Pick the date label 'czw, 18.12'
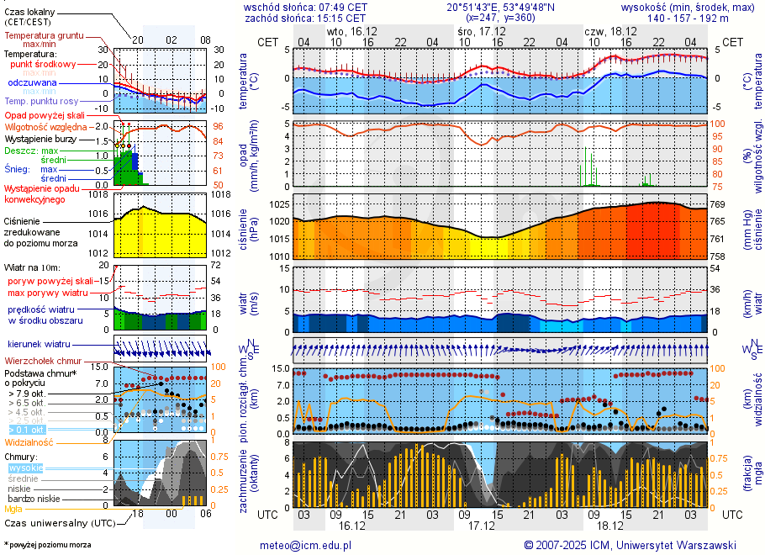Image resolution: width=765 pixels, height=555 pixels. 610,31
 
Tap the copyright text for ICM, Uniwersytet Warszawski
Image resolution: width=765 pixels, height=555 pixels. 630,545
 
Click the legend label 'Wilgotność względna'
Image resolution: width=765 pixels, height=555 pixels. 47,127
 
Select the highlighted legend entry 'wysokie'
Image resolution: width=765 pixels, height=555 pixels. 26,468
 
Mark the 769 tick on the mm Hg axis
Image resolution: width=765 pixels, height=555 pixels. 720,204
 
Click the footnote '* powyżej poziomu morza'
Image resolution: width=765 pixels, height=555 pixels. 47,545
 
